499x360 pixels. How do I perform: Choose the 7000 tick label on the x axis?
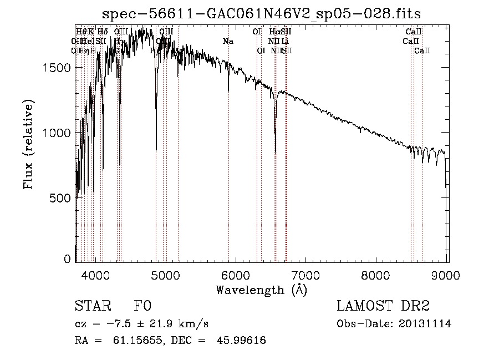coord(305,275)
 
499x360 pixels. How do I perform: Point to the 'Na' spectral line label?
coord(228,42)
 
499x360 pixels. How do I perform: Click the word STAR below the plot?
coord(89,307)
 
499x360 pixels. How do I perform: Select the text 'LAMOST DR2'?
coord(383,307)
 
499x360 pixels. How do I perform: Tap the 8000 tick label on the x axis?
coord(376,275)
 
